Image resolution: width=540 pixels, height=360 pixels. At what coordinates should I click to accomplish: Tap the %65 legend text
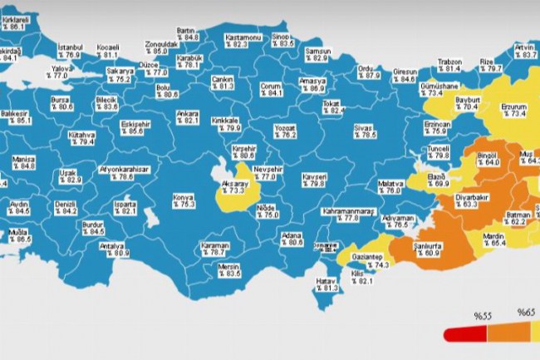(527, 313)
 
